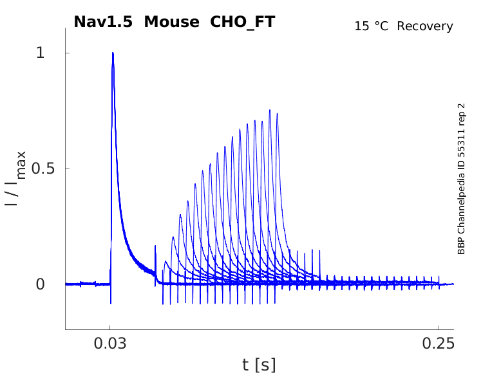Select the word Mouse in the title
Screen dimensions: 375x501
pos(172,22)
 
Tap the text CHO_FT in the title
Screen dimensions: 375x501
pos(243,22)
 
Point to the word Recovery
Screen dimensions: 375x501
pos(425,26)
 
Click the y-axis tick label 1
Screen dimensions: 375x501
pos(40,53)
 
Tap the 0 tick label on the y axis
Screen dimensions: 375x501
pos(40,284)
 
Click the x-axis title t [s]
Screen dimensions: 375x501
pos(259,365)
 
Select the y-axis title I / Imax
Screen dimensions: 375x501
pos(15,178)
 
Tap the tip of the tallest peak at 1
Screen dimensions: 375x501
pos(113,53)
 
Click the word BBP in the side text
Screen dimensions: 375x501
pos(462,246)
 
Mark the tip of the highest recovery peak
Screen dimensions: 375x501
pos(270,110)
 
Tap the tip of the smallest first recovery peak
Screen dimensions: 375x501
pos(165,261)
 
